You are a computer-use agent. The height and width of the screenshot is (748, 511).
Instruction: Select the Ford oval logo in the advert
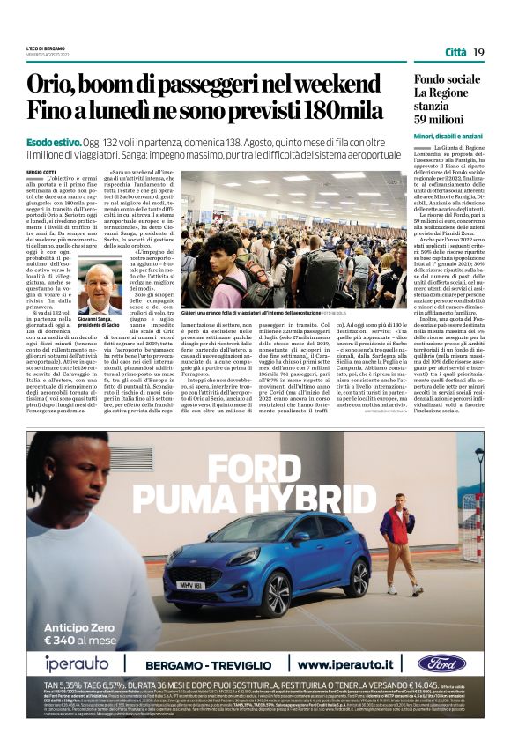point(441,663)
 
